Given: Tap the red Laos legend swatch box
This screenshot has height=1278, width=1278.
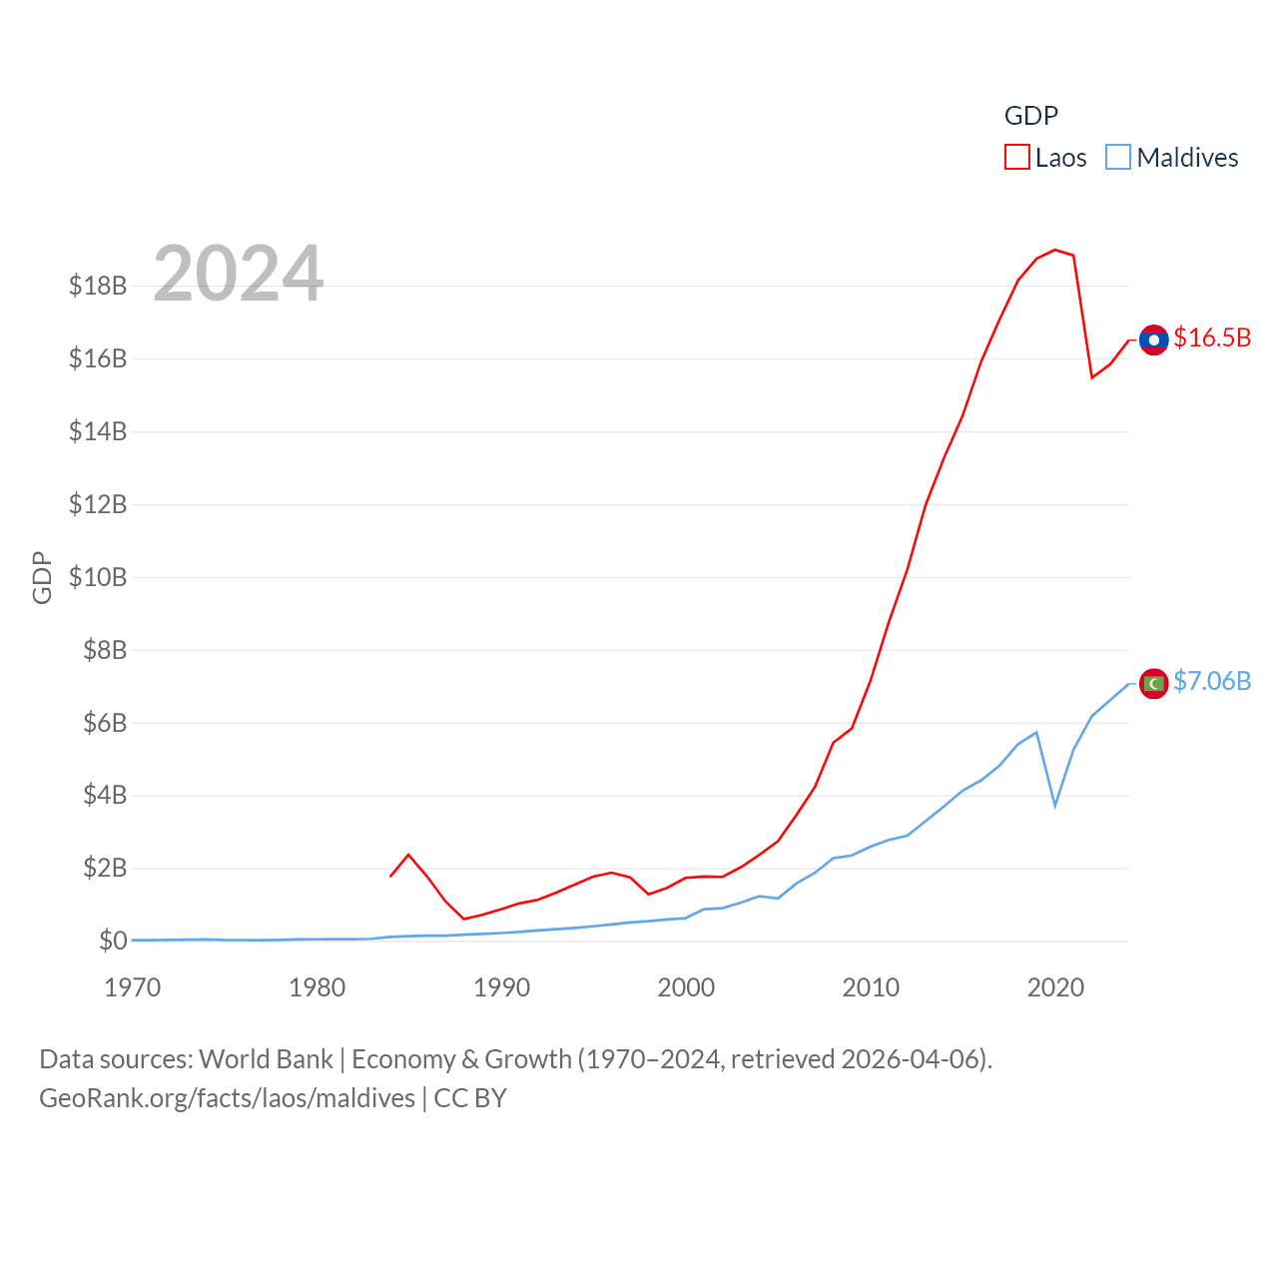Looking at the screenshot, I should pyautogui.click(x=1016, y=158).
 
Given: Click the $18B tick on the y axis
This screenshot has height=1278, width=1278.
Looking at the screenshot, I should pyautogui.click(x=98, y=286).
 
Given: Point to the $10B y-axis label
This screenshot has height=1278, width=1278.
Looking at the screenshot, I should pyautogui.click(x=98, y=577).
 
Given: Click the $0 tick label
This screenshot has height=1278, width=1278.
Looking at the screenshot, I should pyautogui.click(x=113, y=941).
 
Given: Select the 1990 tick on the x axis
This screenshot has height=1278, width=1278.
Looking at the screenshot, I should pyautogui.click(x=501, y=987).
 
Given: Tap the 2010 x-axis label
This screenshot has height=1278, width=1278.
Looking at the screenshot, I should pyautogui.click(x=871, y=987).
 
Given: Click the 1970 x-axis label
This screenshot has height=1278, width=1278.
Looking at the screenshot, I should pyautogui.click(x=133, y=987).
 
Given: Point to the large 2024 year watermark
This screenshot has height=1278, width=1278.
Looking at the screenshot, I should pyautogui.click(x=239, y=273).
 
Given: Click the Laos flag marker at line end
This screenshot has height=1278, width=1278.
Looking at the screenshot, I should pyautogui.click(x=1153, y=340).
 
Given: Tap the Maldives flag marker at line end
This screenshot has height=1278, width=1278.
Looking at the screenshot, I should pyautogui.click(x=1153, y=684).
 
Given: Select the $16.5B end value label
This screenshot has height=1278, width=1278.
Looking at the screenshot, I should pyautogui.click(x=1212, y=337).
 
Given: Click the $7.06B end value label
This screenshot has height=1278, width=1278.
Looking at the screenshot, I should pyautogui.click(x=1212, y=681).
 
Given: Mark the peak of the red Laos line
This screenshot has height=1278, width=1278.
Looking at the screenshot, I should pyautogui.click(x=1055, y=250).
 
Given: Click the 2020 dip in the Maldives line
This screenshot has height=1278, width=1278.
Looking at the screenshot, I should pyautogui.click(x=1055, y=805).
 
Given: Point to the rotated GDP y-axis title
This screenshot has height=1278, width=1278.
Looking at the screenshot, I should pyautogui.click(x=42, y=577).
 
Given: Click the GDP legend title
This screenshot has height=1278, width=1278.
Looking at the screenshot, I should pyautogui.click(x=1030, y=116).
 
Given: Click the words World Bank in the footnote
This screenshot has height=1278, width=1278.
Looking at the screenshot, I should pyautogui.click(x=266, y=1058).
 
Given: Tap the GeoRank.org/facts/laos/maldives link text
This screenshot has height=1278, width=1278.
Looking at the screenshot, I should pyautogui.click(x=227, y=1098).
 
